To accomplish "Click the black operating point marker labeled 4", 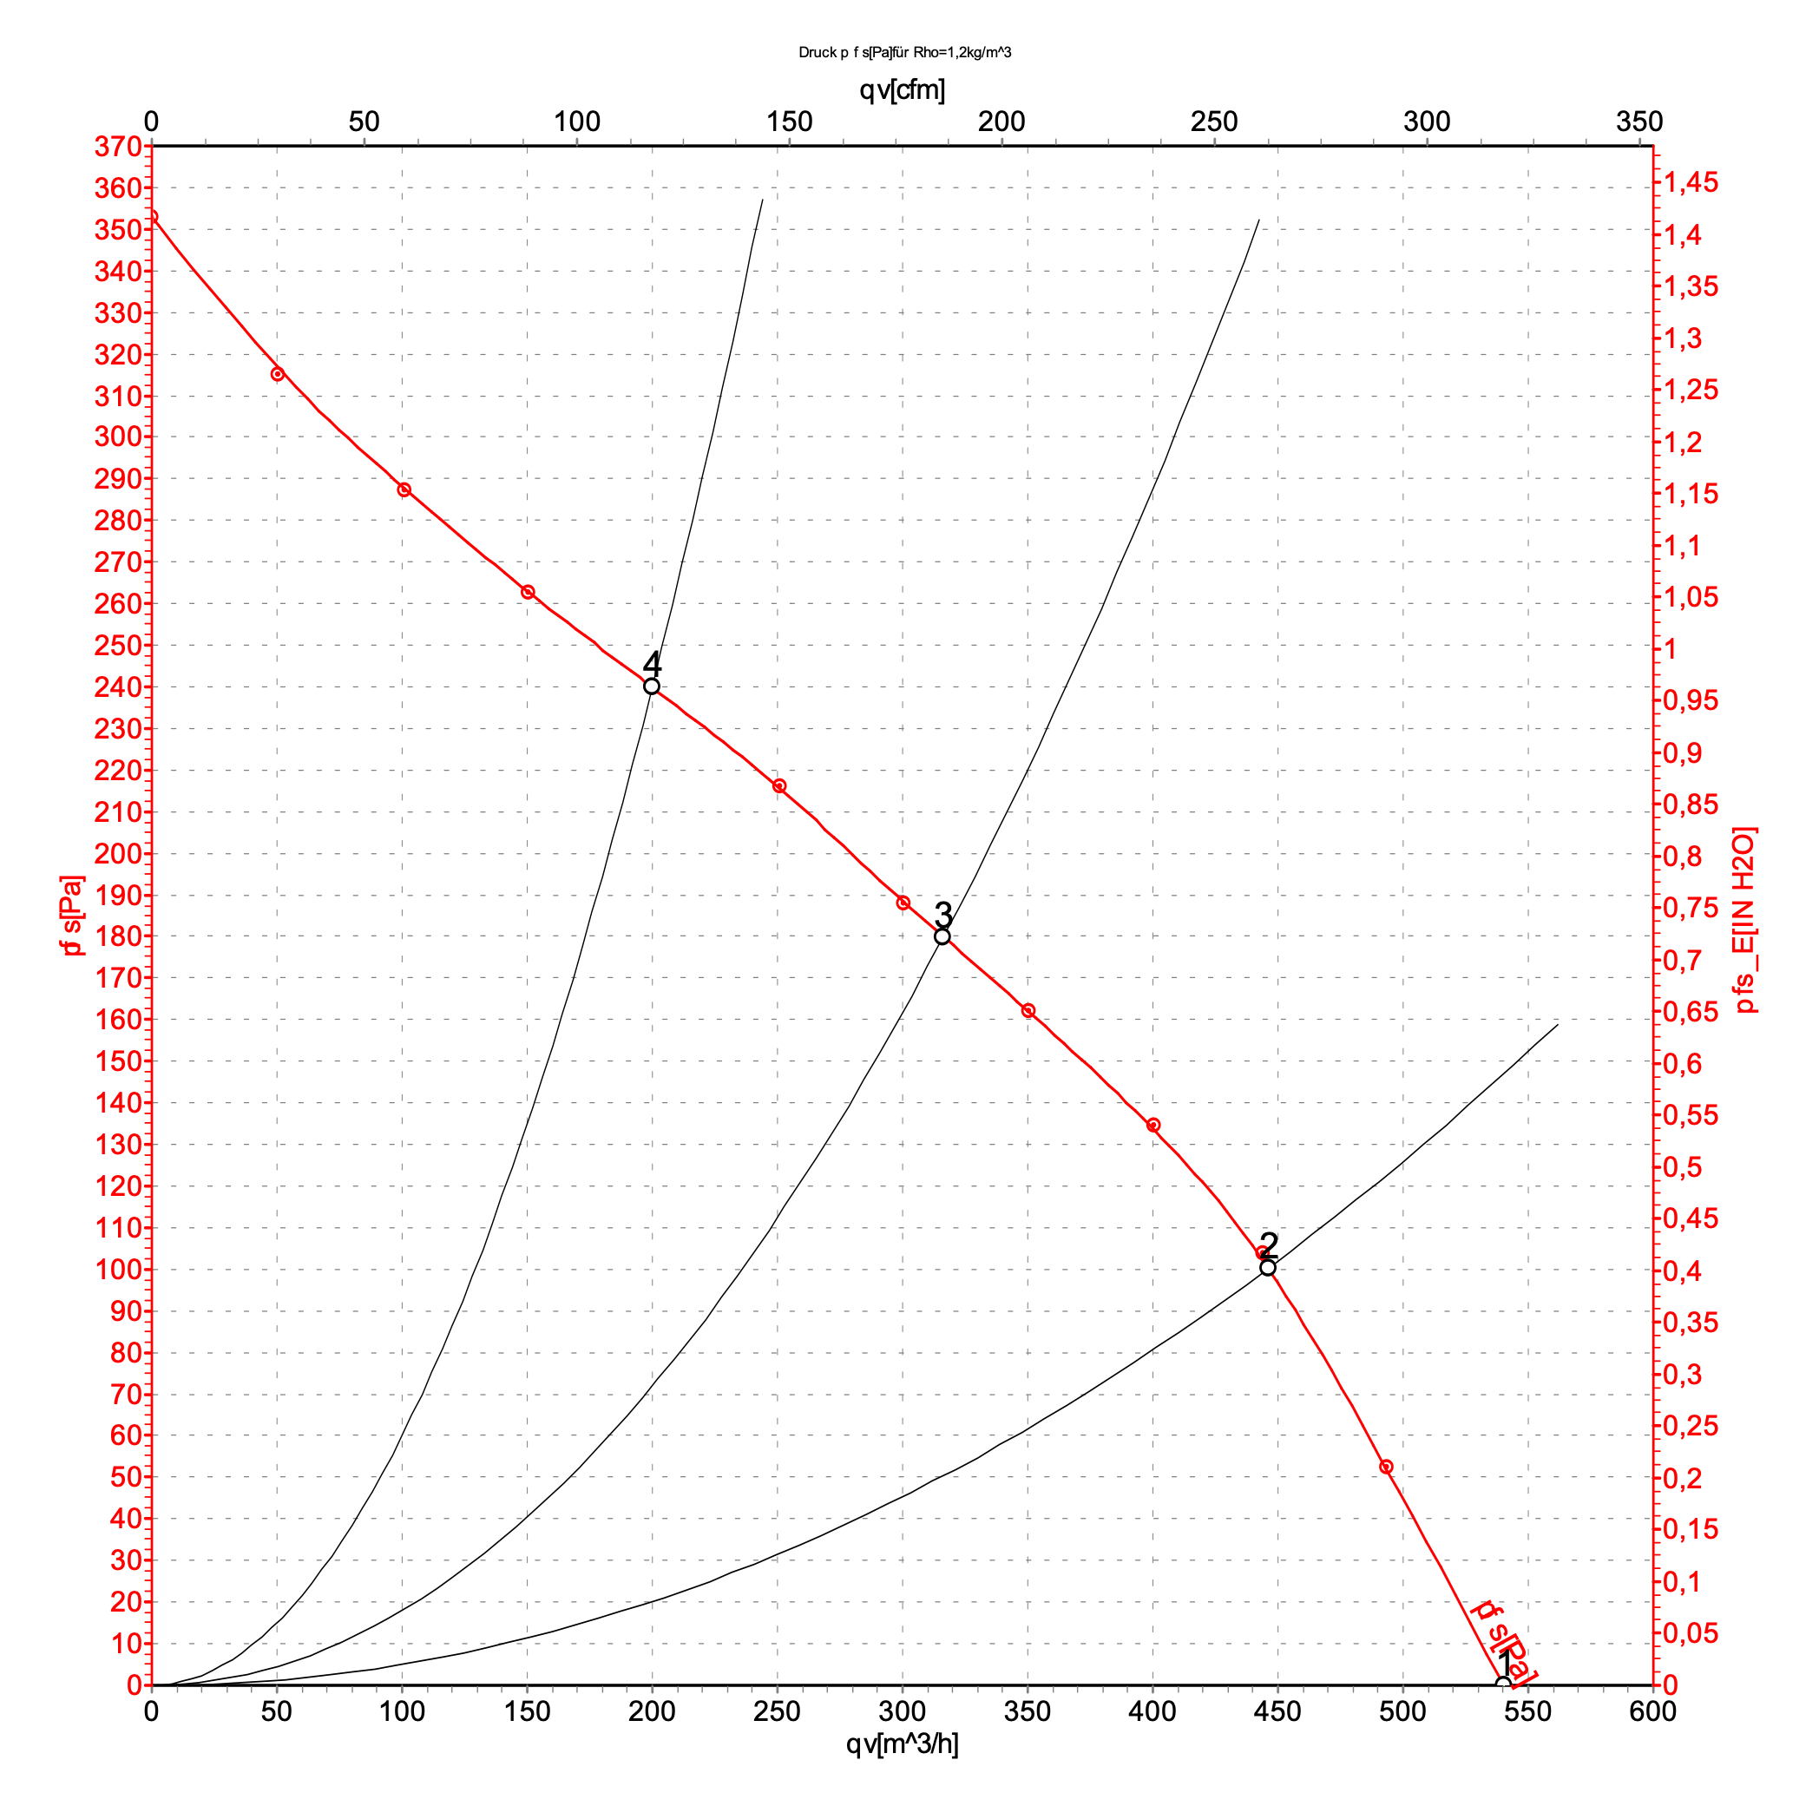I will point(652,686).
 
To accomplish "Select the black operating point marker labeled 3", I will point(942,936).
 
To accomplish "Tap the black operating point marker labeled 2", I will point(1268,1267).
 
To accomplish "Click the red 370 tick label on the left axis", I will point(118,147).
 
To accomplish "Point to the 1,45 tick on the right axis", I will point(1691,182).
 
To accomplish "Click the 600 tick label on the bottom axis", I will point(1652,1711).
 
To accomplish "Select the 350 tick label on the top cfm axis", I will point(1639,121).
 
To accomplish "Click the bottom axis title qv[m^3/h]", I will point(902,1744).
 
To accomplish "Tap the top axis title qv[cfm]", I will point(902,90).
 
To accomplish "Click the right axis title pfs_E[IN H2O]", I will point(1744,920).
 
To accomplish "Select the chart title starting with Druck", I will point(905,53).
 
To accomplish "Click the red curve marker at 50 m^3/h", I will point(278,374).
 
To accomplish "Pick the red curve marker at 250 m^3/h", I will point(779,786).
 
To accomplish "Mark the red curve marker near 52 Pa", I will point(1386,1467).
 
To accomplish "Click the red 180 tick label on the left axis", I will point(118,936).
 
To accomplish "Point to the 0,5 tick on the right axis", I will point(1684,1167).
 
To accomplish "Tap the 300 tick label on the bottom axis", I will point(902,1711).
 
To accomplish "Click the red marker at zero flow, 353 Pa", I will point(153,218).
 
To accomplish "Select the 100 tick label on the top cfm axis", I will point(576,121).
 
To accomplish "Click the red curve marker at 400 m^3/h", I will point(1153,1125).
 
